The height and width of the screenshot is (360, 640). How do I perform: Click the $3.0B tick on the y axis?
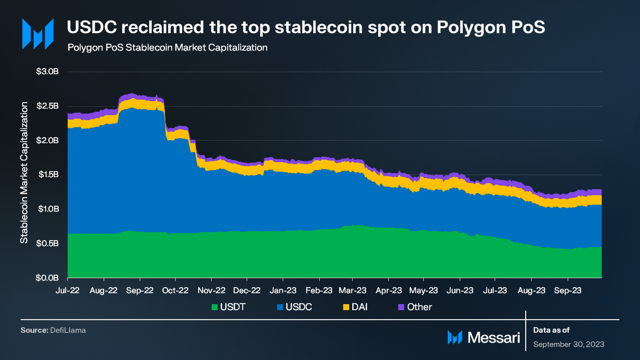tap(47, 71)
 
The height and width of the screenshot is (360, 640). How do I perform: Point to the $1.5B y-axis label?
tap(48, 174)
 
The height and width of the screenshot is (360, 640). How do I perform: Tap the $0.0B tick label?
tap(47, 278)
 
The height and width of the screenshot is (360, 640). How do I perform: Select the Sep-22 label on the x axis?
tap(140, 290)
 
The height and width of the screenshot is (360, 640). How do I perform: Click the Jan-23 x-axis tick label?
tap(283, 290)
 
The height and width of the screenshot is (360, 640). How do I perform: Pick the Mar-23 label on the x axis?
tap(352, 290)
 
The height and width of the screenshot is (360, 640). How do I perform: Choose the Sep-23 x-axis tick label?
tap(567, 290)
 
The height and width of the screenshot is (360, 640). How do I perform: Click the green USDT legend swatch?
tap(215, 307)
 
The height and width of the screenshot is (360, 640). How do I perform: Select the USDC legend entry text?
tap(298, 307)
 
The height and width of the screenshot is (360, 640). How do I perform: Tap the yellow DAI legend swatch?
tap(346, 307)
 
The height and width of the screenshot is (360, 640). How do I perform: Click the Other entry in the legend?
tap(419, 307)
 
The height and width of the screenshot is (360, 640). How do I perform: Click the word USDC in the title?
tap(92, 27)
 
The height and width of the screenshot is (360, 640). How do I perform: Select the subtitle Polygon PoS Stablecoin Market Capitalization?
tap(167, 48)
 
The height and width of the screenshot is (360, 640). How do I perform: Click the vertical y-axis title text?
tap(24, 172)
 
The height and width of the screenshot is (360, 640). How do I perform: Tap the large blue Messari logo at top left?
tap(38, 34)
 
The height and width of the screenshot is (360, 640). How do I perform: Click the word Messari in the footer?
tap(493, 338)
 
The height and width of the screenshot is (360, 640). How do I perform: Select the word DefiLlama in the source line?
tap(68, 330)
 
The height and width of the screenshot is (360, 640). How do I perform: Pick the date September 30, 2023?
tap(568, 344)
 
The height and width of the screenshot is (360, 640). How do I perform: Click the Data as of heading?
tap(551, 330)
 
